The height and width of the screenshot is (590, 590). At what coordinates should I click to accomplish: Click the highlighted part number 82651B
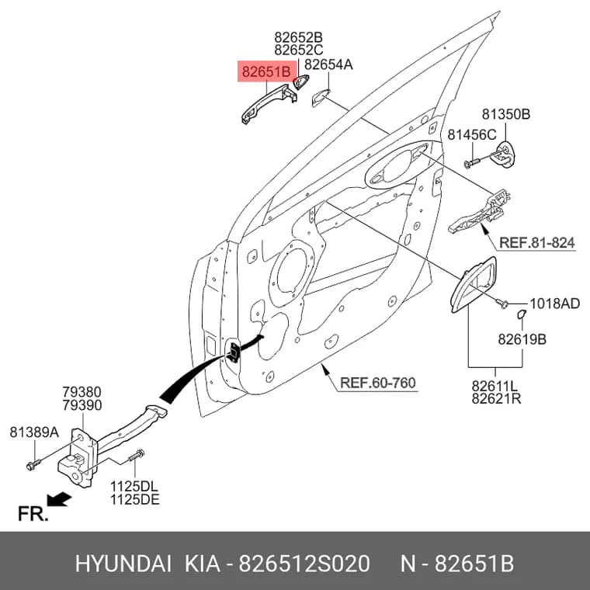(x=266, y=71)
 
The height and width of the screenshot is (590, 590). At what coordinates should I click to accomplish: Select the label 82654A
(x=328, y=64)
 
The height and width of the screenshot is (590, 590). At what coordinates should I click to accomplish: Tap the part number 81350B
(x=505, y=114)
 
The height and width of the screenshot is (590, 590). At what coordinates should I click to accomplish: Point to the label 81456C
(x=472, y=135)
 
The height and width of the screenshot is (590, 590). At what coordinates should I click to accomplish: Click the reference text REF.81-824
(x=537, y=243)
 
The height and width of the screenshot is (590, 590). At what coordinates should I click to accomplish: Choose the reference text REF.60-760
(x=378, y=383)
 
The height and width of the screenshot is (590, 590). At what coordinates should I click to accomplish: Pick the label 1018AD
(x=554, y=304)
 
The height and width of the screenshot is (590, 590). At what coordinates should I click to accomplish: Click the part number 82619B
(x=522, y=339)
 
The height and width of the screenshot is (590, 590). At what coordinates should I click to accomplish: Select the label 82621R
(x=496, y=399)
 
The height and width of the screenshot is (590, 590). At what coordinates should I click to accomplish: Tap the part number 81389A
(x=34, y=432)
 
